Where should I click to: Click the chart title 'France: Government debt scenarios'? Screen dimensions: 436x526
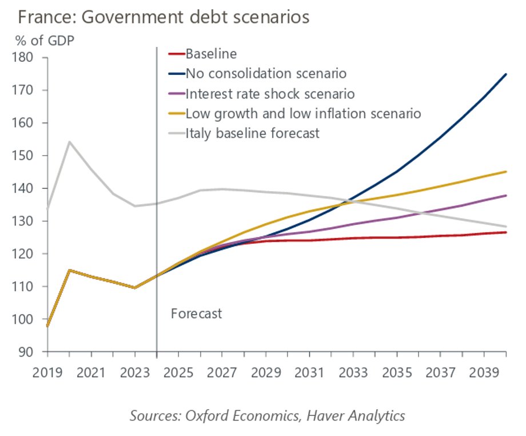tap(164, 17)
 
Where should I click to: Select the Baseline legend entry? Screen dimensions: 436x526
tap(211, 55)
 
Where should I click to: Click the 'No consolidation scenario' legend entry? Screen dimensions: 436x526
tap(266, 74)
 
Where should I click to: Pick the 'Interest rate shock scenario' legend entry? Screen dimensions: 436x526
tap(270, 94)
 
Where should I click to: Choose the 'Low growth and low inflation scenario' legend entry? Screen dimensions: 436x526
tap(303, 113)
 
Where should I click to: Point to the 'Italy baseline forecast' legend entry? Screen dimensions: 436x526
tap(252, 133)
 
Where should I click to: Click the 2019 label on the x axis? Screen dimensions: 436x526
tap(47, 372)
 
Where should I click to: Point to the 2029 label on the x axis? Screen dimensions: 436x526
tap(266, 372)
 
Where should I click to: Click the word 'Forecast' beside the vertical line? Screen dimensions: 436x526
tap(196, 314)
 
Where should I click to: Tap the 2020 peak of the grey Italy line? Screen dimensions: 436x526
tap(69, 141)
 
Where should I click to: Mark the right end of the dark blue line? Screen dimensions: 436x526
tap(506, 74)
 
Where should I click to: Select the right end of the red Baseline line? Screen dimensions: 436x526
tap(506, 232)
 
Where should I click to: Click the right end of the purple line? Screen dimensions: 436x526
tap(506, 196)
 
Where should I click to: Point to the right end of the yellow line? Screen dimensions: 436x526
tap(506, 172)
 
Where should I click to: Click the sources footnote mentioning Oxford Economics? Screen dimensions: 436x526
tap(267, 415)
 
